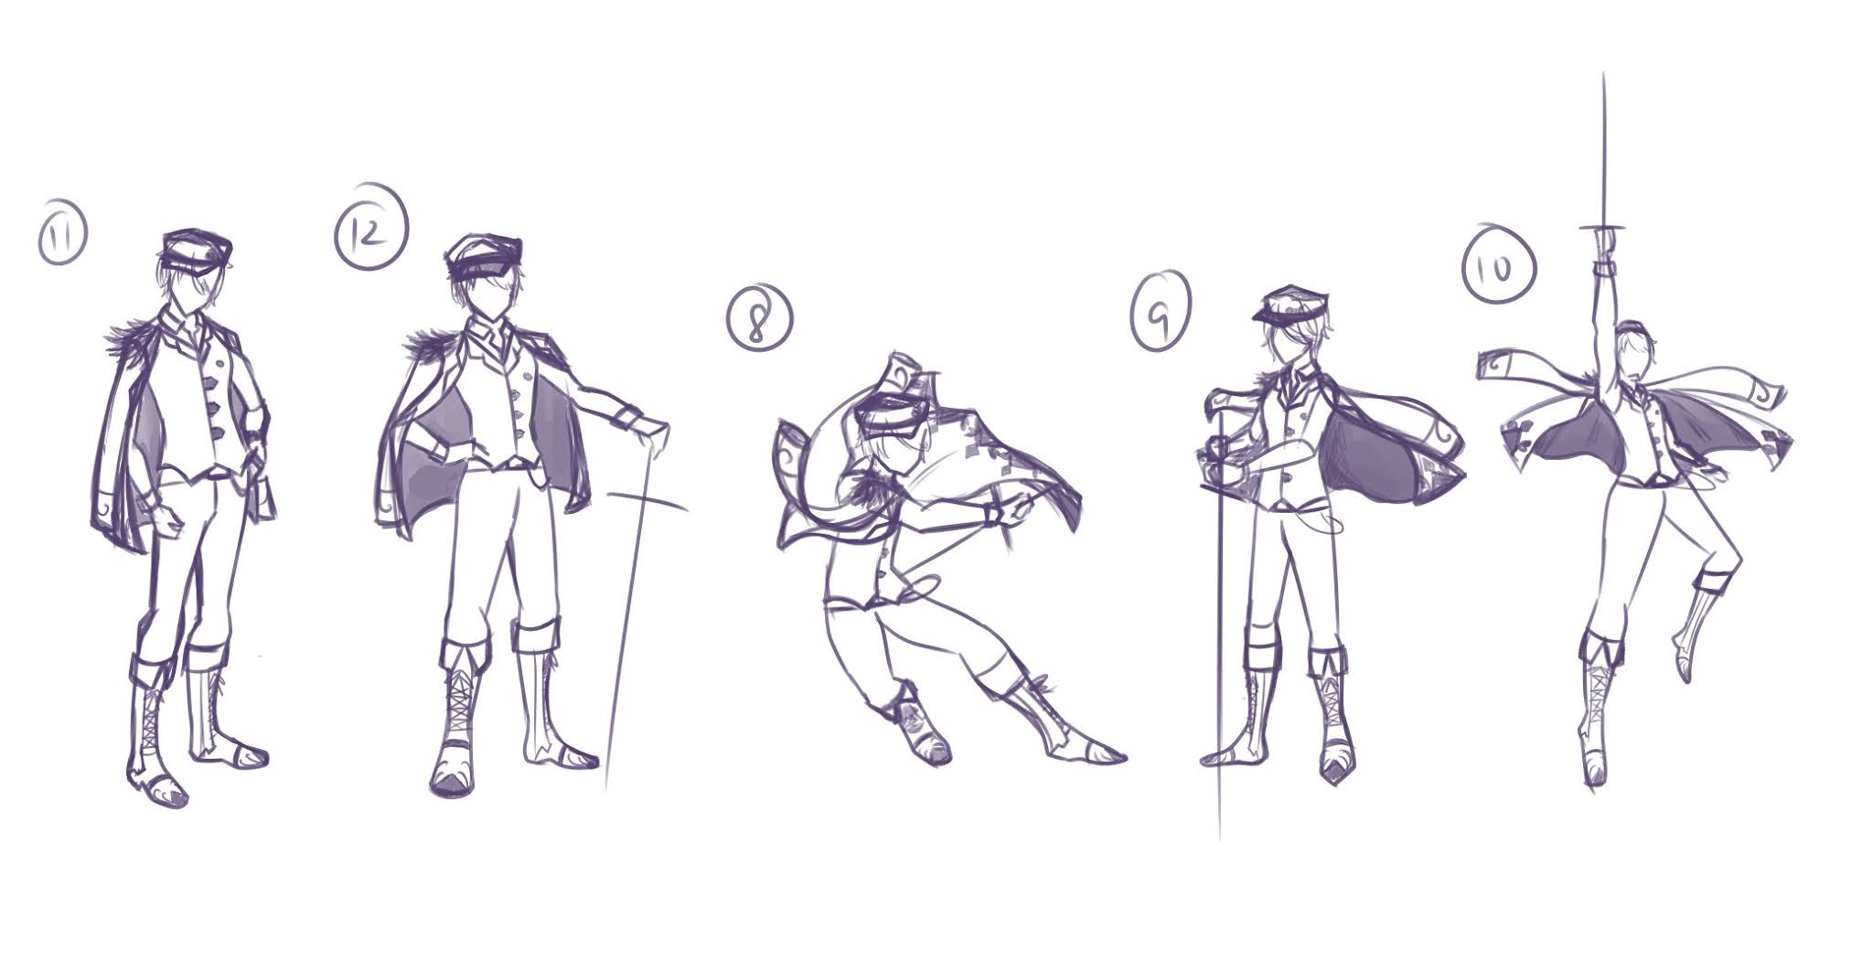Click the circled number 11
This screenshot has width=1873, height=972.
62,237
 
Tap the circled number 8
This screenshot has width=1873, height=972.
759,315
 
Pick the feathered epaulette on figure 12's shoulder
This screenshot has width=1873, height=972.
423,347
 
